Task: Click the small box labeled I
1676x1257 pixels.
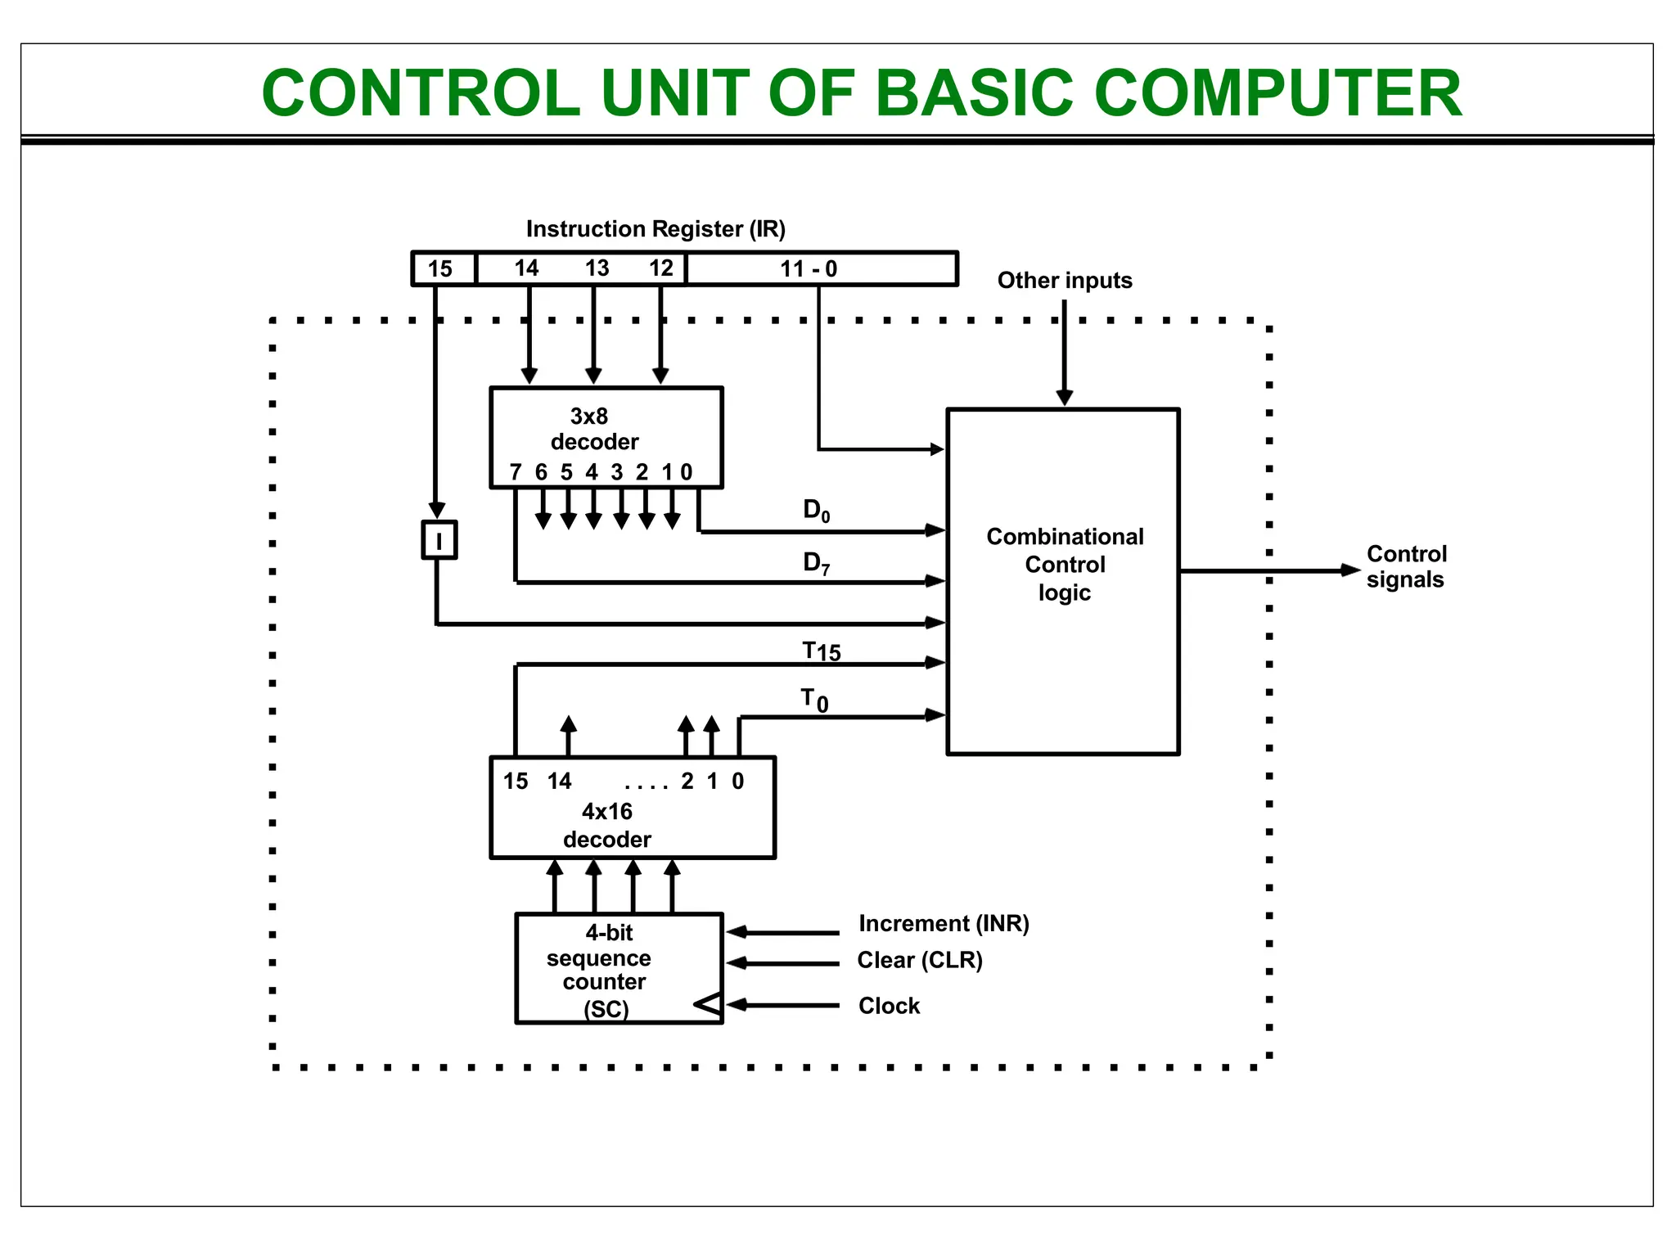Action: [439, 540]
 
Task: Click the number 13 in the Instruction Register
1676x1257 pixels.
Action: [597, 268]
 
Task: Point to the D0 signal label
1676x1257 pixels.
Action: [816, 511]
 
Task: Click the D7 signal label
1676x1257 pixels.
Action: [816, 563]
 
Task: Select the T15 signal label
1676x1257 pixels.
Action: [821, 651]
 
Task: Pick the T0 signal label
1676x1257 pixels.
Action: [814, 701]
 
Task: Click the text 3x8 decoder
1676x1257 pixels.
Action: [593, 429]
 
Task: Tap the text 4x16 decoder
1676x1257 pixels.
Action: [607, 825]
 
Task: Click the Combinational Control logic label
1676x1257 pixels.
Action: [1065, 565]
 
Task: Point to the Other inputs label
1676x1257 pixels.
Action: [1064, 281]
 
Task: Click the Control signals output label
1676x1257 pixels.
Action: [1406, 566]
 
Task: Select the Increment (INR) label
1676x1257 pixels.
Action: [944, 923]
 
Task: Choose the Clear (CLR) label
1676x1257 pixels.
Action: [919, 960]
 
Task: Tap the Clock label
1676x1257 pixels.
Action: [889, 1006]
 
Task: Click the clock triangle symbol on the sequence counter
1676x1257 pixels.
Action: [709, 1004]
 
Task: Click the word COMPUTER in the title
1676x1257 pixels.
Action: [1277, 93]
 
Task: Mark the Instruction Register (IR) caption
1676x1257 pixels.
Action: [656, 229]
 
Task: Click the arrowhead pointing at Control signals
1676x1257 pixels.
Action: [1350, 570]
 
